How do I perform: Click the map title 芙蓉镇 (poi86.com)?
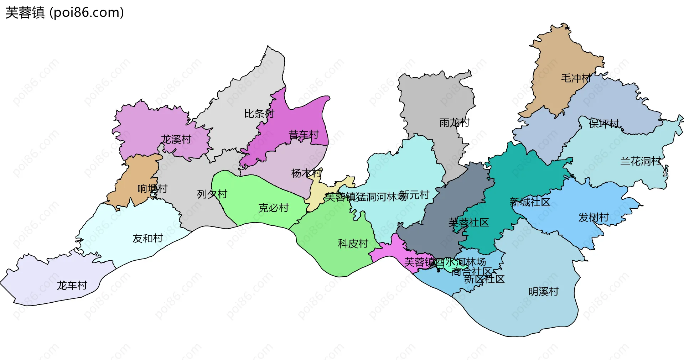64,13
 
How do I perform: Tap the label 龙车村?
72,285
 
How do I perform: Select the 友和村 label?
147,238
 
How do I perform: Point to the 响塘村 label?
152,188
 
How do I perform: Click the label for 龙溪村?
176,139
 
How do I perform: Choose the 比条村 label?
259,114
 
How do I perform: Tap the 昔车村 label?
304,135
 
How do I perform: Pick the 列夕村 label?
212,194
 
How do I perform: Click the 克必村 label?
273,208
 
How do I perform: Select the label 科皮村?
353,244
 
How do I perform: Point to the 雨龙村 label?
455,122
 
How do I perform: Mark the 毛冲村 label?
576,78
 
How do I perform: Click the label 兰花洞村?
640,161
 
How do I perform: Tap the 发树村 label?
594,217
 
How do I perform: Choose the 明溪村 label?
544,292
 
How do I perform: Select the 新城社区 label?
530,202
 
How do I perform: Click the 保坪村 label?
604,124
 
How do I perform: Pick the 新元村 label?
414,195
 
